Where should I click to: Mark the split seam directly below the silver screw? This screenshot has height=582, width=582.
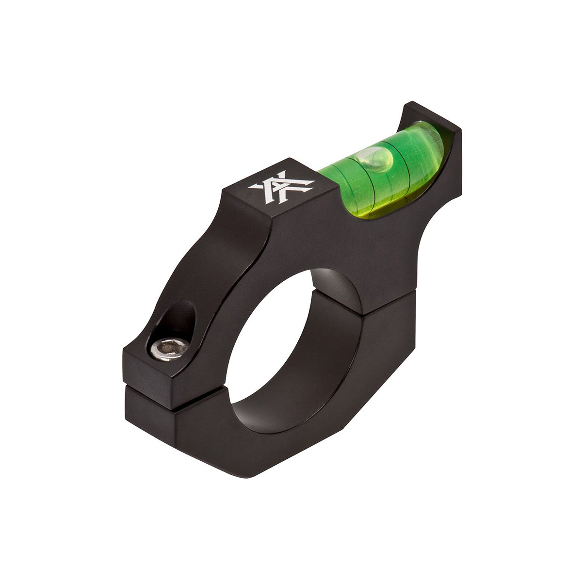(x=150, y=388)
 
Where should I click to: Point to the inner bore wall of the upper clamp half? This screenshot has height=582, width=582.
(x=335, y=286)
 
